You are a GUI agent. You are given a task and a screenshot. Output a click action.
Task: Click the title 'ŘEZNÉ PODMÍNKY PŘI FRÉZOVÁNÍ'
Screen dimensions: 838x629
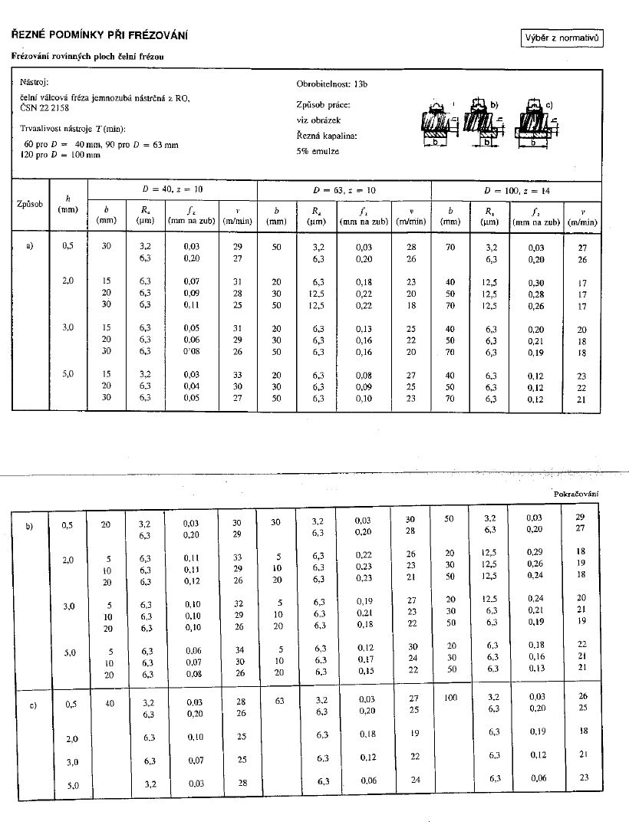coord(98,35)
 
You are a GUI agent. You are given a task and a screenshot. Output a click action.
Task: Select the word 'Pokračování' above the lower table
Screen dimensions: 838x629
coord(575,494)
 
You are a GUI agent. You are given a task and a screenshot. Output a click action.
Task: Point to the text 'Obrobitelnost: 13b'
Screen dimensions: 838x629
coord(331,83)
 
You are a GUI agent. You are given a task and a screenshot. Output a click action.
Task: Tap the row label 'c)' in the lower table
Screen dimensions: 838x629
coord(32,706)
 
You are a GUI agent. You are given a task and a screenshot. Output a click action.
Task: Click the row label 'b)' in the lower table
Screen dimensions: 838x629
coord(29,527)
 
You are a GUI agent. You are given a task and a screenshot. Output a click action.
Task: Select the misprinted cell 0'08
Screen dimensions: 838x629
coord(191,352)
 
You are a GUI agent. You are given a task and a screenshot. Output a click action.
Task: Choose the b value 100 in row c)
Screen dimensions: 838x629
coord(450,698)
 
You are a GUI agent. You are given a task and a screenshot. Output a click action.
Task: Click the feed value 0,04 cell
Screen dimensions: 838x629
coord(191,386)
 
